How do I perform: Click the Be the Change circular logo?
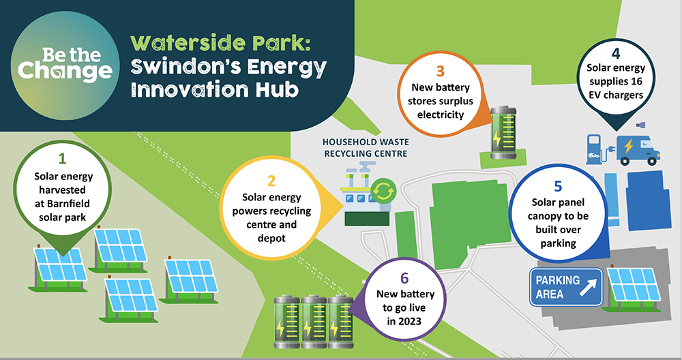(65, 65)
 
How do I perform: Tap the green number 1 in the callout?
(62, 158)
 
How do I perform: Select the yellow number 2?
(271, 181)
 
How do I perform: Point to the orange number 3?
(440, 70)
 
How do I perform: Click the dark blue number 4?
(615, 53)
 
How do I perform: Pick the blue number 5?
(558, 186)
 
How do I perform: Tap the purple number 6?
(404, 277)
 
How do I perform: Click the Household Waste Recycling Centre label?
(366, 148)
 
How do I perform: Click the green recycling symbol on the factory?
(383, 191)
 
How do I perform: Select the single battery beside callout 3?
(503, 132)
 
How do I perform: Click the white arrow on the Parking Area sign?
(588, 288)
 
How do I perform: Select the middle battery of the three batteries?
(314, 322)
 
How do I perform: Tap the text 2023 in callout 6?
(410, 321)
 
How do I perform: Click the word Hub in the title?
(277, 89)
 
